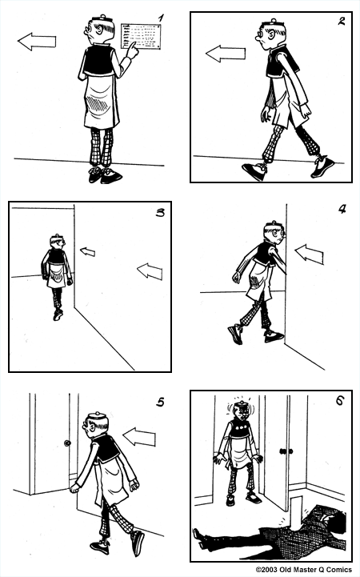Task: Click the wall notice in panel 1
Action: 141,36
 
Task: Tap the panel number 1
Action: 160,18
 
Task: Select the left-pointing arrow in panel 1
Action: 36,41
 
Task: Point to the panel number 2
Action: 341,22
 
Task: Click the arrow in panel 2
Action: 225,54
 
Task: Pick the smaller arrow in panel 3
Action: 86,252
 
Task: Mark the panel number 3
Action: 160,213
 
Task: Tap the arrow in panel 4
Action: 310,254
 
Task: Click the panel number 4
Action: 342,210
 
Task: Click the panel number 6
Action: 339,401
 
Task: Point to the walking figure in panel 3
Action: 56,272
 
